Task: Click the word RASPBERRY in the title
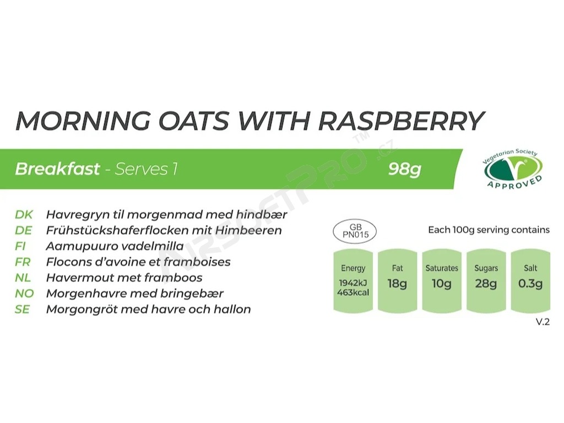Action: pyautogui.click(x=402, y=121)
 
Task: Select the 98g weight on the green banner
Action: pyautogui.click(x=405, y=169)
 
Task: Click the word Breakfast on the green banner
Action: pyautogui.click(x=57, y=169)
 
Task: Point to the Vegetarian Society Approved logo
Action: pyautogui.click(x=512, y=169)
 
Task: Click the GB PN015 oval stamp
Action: pyautogui.click(x=355, y=231)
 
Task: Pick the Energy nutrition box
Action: pyautogui.click(x=353, y=280)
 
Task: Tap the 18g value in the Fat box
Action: pyautogui.click(x=397, y=284)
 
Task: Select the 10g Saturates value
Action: pyautogui.click(x=441, y=284)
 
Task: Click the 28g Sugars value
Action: pyautogui.click(x=486, y=284)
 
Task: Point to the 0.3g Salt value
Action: pyautogui.click(x=530, y=284)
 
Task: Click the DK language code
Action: pyautogui.click(x=24, y=215)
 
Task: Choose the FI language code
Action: pyautogui.click(x=20, y=246)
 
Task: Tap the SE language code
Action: pyautogui.click(x=22, y=310)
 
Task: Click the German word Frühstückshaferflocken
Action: pyautogui.click(x=116, y=230)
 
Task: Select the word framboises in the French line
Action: pyautogui.click(x=197, y=262)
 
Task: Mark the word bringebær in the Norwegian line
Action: pyautogui.click(x=192, y=294)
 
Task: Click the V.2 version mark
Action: pyautogui.click(x=543, y=322)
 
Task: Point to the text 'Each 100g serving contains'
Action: pyautogui.click(x=489, y=230)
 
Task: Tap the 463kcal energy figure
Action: pyautogui.click(x=353, y=292)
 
